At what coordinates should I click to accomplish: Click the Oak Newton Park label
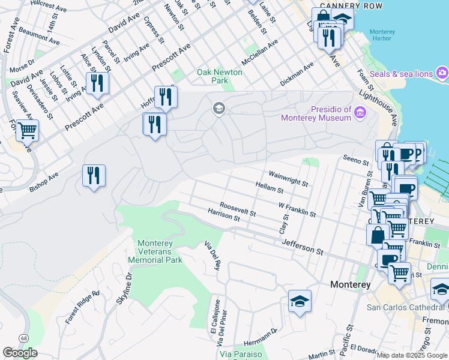220,76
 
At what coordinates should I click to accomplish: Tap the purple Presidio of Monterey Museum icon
360,112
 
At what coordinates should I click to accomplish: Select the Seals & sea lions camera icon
442,73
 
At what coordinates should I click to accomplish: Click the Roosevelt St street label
238,209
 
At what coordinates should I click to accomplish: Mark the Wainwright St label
288,178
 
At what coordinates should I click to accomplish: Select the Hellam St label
269,188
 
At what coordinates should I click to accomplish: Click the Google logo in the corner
20,353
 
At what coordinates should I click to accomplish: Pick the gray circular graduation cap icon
218,108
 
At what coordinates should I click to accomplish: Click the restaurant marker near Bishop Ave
94,176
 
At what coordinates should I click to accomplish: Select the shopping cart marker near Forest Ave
27,129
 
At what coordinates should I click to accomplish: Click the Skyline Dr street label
128,289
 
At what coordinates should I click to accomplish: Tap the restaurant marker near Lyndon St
97,83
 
